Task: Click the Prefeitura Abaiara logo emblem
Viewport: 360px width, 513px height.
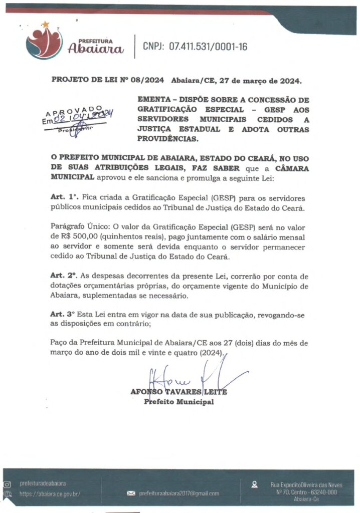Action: point(44,42)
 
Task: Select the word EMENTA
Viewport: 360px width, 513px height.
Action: point(154,100)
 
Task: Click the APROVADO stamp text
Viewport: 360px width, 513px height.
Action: point(74,111)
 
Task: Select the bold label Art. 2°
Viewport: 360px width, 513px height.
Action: point(65,276)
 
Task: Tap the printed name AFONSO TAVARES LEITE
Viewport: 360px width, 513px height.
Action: point(178,392)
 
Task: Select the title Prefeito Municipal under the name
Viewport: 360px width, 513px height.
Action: point(178,402)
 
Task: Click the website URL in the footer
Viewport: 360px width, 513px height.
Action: point(50,493)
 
